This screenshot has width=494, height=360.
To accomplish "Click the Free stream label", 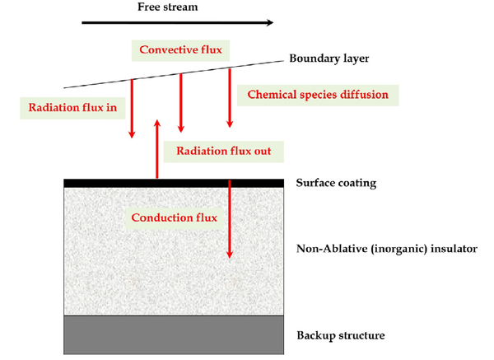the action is coord(168,7).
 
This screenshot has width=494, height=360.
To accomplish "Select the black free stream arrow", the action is coord(177,22).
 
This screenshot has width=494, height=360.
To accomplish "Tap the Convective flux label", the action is coord(180,49).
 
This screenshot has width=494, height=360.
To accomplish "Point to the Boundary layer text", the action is coord(329,58).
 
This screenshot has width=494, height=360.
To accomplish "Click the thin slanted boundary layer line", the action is coord(174,74).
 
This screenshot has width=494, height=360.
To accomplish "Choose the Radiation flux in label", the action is coord(72,108).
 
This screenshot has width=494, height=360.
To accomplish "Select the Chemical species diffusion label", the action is coord(318,95).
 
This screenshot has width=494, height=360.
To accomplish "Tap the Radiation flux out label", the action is coord(223,151).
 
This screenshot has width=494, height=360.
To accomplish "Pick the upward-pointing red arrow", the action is coord(157,149).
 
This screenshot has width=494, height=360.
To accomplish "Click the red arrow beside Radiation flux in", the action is coord(132,109).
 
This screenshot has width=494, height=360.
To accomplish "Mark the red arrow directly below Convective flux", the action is coord(180,103).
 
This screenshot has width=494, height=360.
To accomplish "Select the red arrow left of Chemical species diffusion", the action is coord(230,98).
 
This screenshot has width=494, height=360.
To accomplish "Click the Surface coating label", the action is coord(336,183).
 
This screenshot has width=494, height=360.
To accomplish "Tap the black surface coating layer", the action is coord(174,183).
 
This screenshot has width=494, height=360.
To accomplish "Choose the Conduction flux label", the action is coord(175,217).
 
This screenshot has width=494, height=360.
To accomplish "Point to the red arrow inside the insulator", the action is coord(230,219).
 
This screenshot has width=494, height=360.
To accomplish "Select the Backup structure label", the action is coord(341,335).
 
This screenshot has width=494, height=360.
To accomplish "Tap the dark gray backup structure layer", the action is coord(174,335).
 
